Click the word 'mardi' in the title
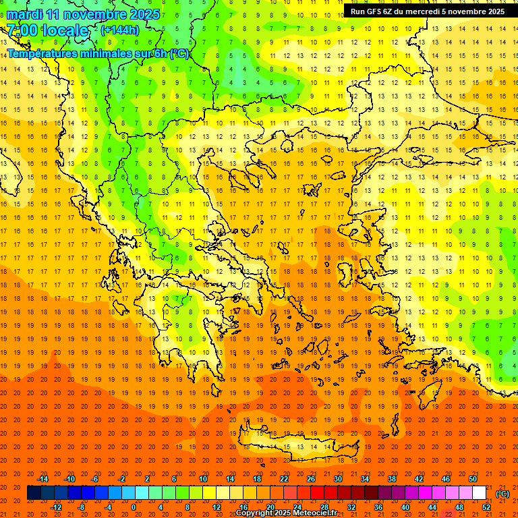click(25, 14)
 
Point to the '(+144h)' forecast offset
click(120, 30)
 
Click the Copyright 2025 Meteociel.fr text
click(287, 513)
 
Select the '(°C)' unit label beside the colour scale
click(502, 494)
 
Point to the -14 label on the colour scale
click(42, 479)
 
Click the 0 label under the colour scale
click(133, 507)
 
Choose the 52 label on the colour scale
click(486, 507)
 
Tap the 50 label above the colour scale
click(473, 479)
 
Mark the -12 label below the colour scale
click(56, 507)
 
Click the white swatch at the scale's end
click(480, 493)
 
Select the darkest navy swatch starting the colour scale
click(34, 493)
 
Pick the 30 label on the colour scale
click(338, 479)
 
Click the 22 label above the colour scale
click(284, 479)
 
